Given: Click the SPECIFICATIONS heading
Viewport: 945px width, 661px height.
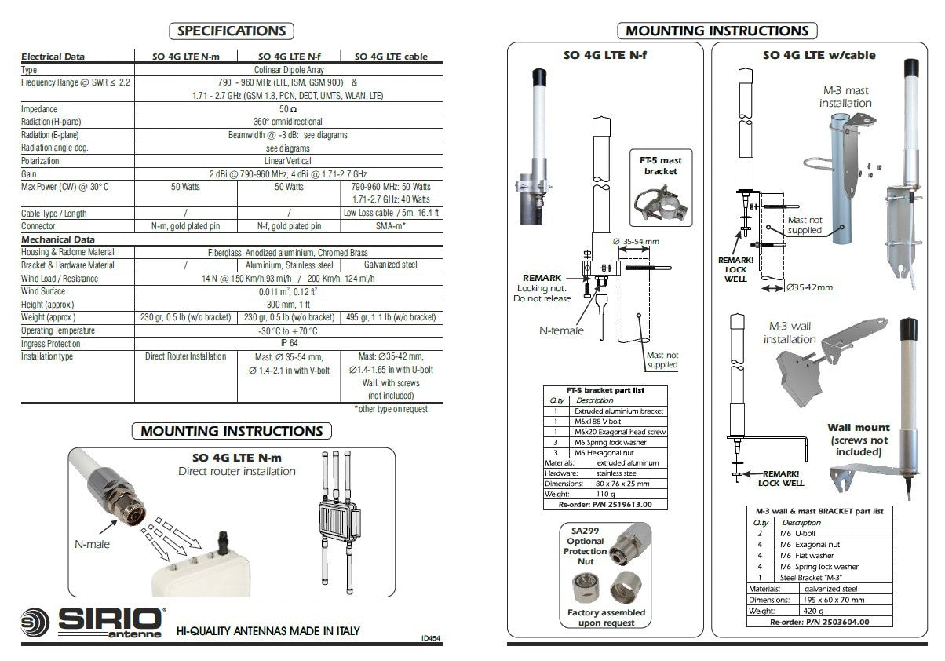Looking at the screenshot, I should point(231,31).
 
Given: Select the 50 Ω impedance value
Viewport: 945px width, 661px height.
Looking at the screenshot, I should point(287,109).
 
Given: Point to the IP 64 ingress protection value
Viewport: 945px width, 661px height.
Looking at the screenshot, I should point(287,343).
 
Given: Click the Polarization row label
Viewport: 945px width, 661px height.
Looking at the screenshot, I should point(41,161).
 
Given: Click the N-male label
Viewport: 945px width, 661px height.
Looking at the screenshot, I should point(91,543).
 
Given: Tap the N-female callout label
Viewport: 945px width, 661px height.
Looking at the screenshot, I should point(560,330).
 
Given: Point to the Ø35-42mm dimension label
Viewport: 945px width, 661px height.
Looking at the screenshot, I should point(810,288).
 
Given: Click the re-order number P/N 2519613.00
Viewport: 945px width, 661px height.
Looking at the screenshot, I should point(604,505).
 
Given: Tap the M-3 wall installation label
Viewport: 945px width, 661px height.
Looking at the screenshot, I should point(790,332).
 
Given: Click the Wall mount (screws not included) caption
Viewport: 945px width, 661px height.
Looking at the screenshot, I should point(859,440).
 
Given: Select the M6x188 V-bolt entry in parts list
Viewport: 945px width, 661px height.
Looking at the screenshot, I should point(597,422).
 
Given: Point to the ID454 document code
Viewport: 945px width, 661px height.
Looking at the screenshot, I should point(430,639).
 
